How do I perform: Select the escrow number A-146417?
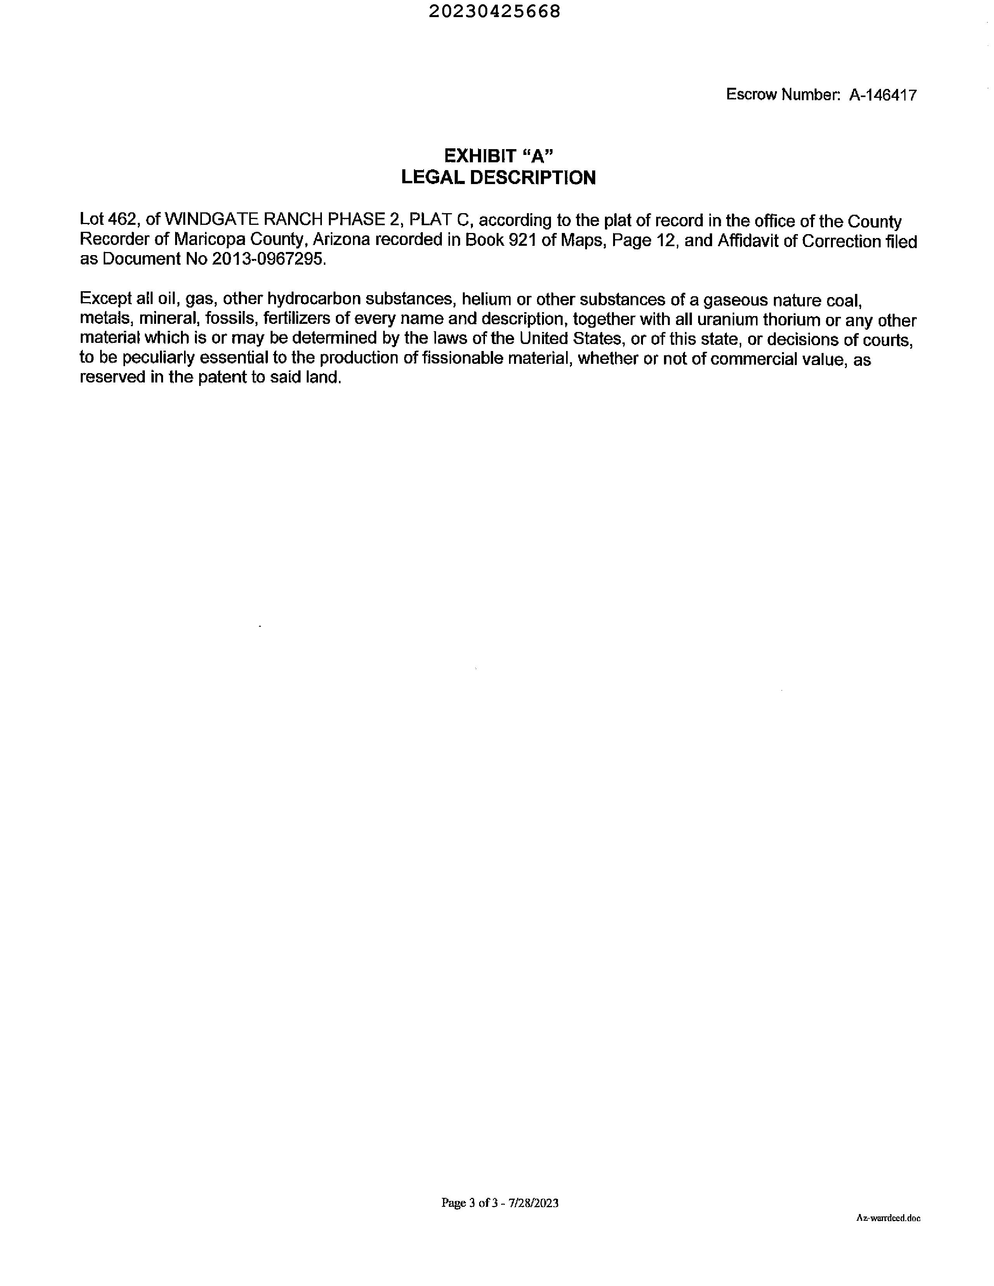coord(882,95)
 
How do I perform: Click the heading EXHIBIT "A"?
coord(498,156)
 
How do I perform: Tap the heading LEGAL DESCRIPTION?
coord(498,178)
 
